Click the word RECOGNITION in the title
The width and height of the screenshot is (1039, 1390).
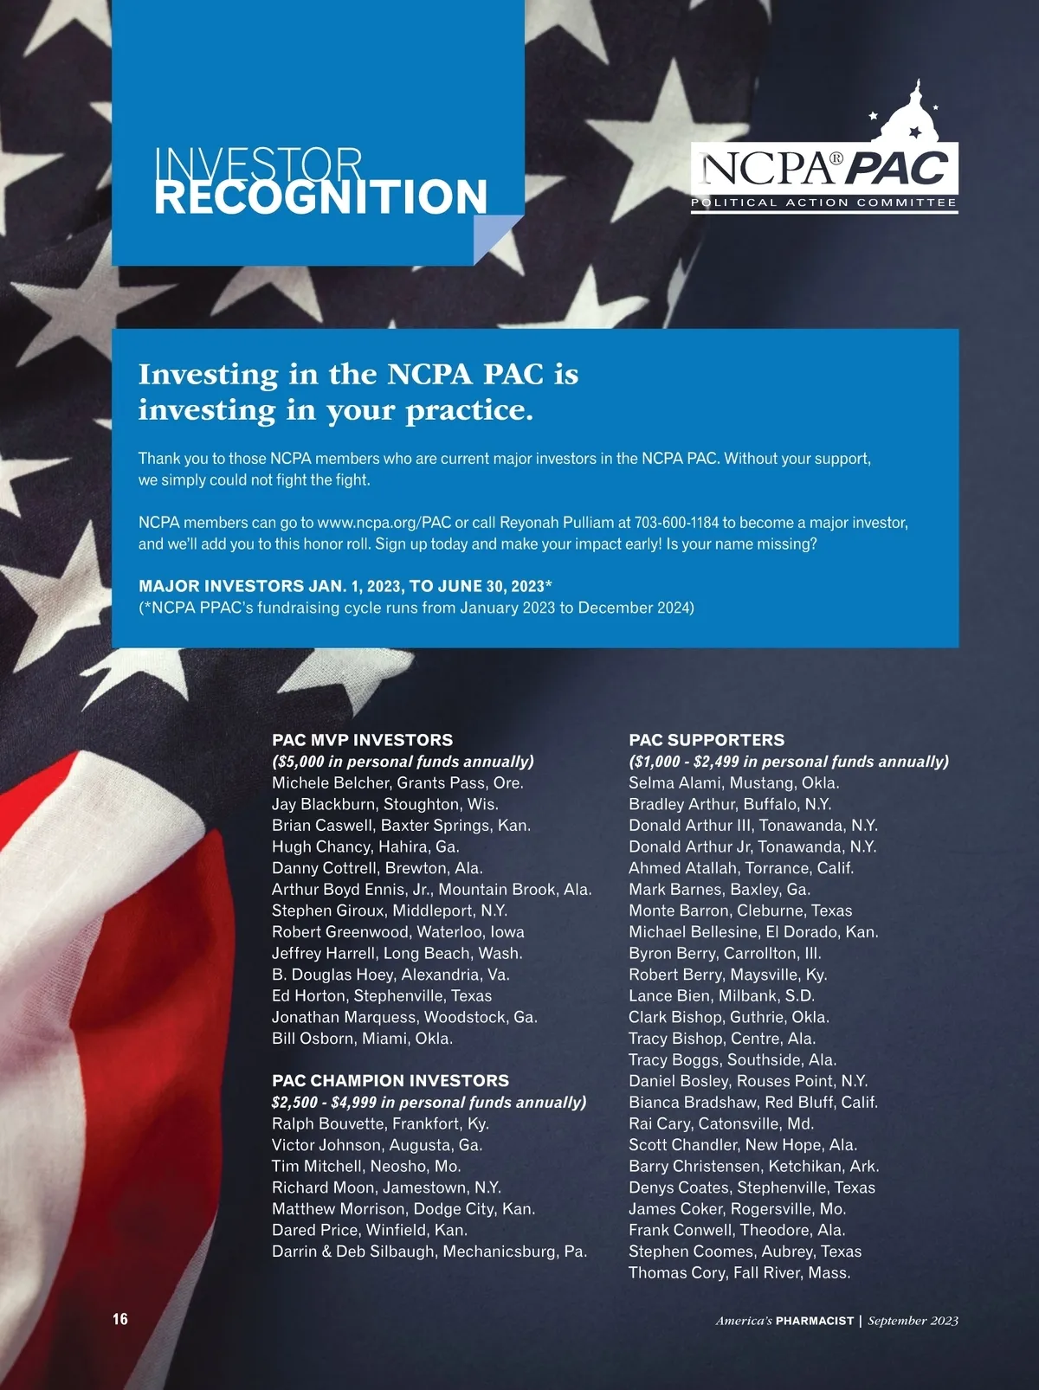click(320, 197)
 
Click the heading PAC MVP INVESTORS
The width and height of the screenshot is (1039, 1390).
click(362, 740)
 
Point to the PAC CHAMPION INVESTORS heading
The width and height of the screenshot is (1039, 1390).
click(390, 1081)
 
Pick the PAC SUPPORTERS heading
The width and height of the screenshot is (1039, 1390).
click(707, 740)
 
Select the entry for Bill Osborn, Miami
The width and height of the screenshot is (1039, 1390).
click(362, 1039)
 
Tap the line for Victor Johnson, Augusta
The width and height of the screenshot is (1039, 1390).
click(377, 1145)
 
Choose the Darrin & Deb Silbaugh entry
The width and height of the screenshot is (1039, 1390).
click(429, 1252)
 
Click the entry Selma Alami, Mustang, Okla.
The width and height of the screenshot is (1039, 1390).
click(734, 783)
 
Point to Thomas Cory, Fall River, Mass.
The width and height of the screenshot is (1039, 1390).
click(739, 1273)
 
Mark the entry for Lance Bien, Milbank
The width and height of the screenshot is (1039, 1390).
click(721, 996)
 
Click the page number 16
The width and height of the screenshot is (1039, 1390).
click(119, 1320)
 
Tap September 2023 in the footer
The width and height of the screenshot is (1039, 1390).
click(913, 1321)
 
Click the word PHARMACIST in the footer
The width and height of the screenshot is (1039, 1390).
click(814, 1321)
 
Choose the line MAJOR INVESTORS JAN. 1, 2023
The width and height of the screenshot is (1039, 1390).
click(345, 586)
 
